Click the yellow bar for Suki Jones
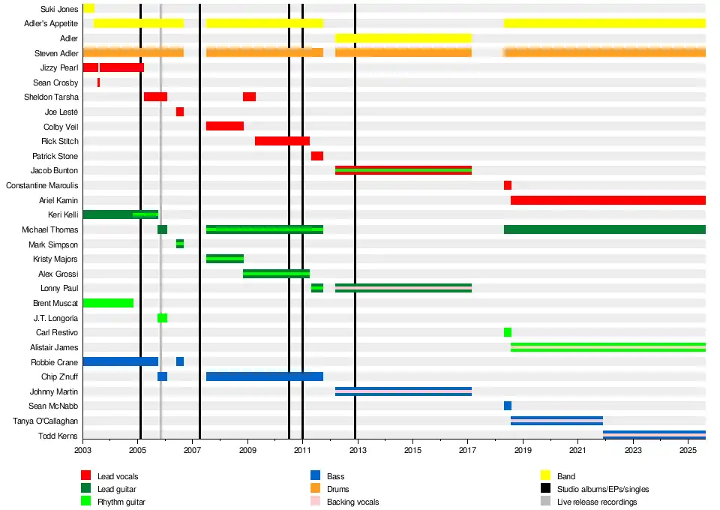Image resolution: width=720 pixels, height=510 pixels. pos(88,8)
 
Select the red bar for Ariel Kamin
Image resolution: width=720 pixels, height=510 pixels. pos(607,200)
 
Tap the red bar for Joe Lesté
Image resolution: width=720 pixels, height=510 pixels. pos(180,112)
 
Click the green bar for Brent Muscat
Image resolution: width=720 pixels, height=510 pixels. pos(108,303)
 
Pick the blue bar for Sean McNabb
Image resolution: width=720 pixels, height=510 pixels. pos(508,406)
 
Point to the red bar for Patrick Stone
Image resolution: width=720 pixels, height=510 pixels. pos(317,156)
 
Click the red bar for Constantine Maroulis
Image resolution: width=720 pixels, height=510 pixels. pos(508,185)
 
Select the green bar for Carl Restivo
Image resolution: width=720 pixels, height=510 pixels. pos(508,332)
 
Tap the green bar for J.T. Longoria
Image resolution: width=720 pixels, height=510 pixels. pos(162,318)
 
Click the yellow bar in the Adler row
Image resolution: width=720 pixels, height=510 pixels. pos(403,38)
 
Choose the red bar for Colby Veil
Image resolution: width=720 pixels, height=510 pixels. pos(225,126)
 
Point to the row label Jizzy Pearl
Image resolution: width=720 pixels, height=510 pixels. pos(59,67)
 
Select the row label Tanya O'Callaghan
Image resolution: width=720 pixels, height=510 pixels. pos(46,421)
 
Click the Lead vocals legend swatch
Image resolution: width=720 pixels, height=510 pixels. pos(85,475)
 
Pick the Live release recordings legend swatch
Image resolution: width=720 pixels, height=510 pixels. pos(546,501)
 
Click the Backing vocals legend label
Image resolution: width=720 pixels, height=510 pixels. pos(352,502)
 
